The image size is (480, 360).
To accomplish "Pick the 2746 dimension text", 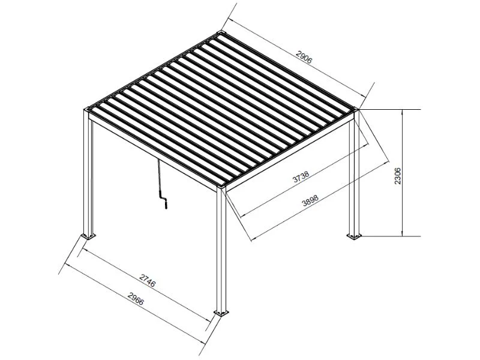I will pyautogui.click(x=148, y=280).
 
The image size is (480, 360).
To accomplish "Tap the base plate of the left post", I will pyautogui.click(x=88, y=235).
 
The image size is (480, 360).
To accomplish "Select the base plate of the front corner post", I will pyautogui.click(x=223, y=313).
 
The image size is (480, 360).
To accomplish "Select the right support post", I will pyautogui.click(x=353, y=174).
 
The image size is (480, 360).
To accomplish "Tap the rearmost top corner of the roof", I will pyautogui.click(x=221, y=32).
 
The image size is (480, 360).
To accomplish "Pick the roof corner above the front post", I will pyautogui.click(x=222, y=188).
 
